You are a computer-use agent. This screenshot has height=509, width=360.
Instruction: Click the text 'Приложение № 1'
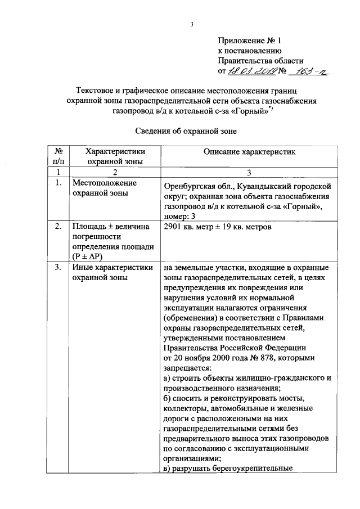[248, 40]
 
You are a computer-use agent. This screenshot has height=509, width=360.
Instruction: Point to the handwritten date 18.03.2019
[251, 71]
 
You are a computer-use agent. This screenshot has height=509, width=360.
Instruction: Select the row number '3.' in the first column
[58, 268]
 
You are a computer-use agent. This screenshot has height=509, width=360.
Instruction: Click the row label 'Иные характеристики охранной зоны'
[112, 273]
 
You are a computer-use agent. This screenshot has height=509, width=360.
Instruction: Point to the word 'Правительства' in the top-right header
[244, 61]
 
